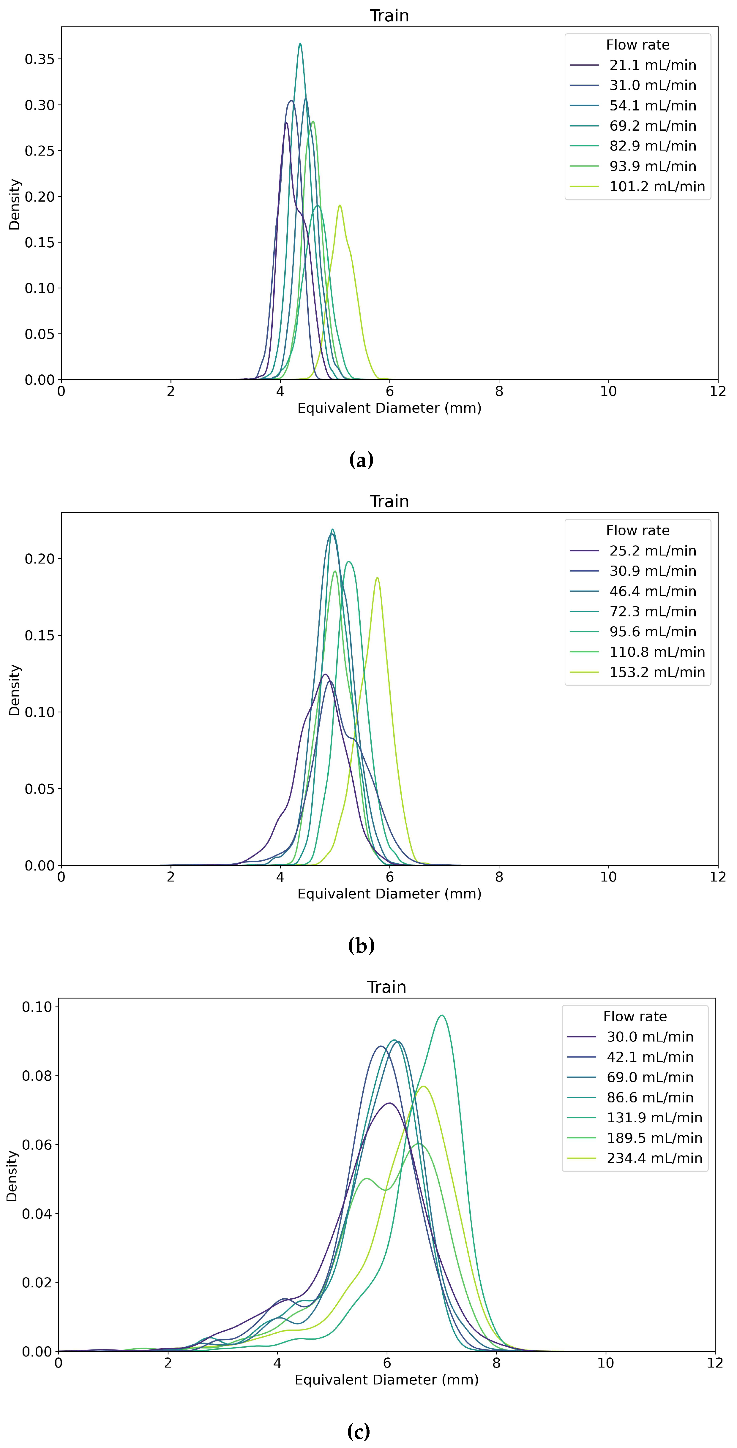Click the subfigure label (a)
[x=361, y=460]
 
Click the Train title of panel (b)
[x=389, y=501]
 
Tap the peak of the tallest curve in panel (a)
[x=300, y=44]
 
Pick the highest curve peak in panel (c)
[x=442, y=1015]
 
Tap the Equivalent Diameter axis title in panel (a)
[x=389, y=408]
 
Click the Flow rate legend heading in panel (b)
[x=637, y=531]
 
